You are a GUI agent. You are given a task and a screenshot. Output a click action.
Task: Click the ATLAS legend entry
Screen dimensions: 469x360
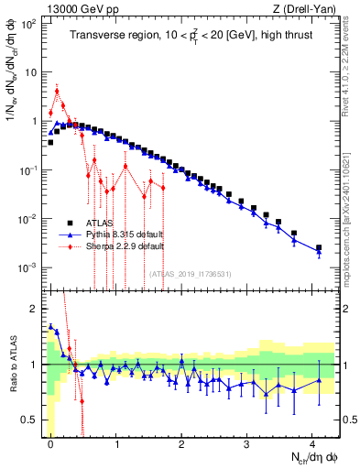101,223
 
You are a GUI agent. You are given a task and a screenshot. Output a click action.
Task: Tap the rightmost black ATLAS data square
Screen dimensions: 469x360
319,247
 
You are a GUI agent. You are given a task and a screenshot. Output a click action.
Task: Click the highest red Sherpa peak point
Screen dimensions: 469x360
57,90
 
